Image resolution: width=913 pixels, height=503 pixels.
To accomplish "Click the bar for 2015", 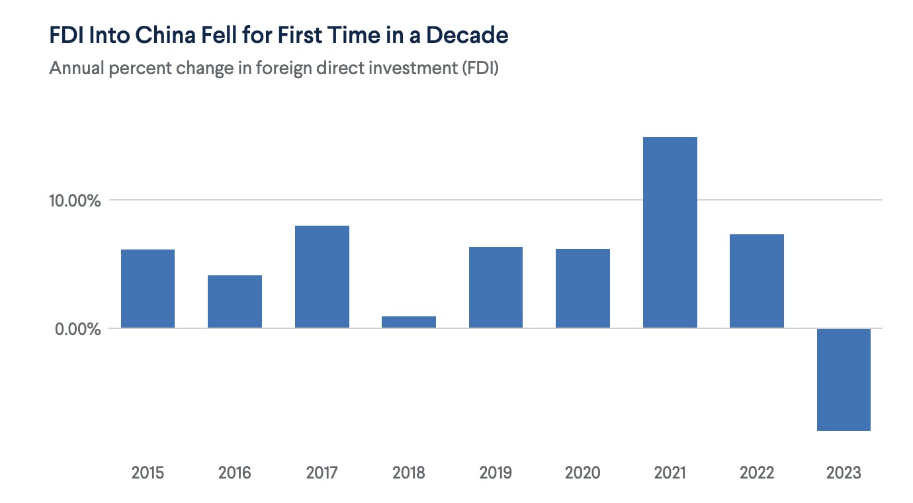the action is tap(148, 289).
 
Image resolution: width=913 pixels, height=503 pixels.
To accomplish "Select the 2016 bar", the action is tap(235, 302).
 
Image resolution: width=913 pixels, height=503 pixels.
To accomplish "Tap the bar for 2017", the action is tap(322, 277).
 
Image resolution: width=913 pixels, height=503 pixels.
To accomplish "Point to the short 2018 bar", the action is tap(409, 322).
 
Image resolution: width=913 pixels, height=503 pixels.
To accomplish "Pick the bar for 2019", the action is tap(496, 287).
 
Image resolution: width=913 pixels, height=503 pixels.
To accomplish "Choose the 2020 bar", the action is tap(583, 288).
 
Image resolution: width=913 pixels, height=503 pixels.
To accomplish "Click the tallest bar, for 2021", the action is tap(670, 232).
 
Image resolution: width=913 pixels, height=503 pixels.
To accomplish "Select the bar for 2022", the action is tap(757, 281).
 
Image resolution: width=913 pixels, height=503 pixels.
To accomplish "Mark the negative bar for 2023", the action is tap(844, 379).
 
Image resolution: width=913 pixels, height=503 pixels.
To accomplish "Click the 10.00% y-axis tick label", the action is tap(75, 201).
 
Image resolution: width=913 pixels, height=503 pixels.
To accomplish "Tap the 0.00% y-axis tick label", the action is tap(78, 329).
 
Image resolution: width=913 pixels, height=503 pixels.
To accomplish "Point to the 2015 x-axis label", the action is tap(148, 473).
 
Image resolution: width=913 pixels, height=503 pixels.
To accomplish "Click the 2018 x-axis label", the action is tap(409, 473).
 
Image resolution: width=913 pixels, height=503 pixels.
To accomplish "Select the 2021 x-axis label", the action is tap(670, 473).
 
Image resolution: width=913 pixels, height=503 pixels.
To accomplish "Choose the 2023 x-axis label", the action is tap(844, 473).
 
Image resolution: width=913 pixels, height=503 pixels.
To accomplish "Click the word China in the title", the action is tap(165, 34).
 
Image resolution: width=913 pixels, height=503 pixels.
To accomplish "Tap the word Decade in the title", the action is tap(467, 34).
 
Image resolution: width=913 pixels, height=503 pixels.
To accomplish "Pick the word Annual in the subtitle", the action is tap(77, 68).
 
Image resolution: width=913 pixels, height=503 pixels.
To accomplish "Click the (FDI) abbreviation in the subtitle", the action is tap(480, 68).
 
